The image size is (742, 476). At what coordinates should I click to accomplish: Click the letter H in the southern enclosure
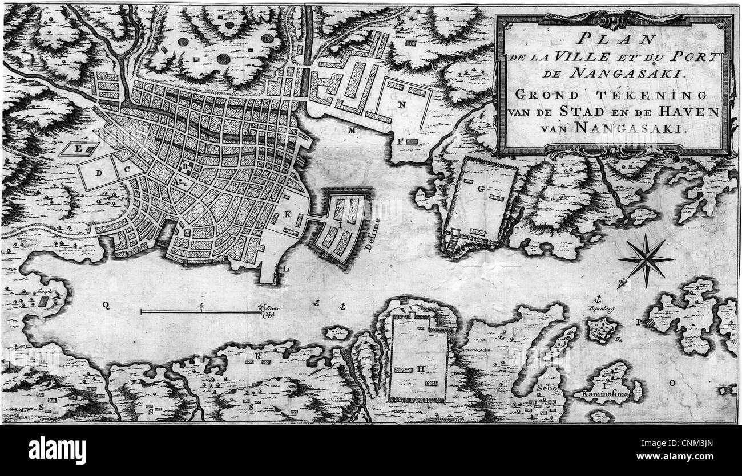point(421,369)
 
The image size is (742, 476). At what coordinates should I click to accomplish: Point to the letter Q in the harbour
point(106,305)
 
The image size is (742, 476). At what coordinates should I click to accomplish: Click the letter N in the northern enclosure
point(402,104)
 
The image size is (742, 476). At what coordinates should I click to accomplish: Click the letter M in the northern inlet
point(352,131)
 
